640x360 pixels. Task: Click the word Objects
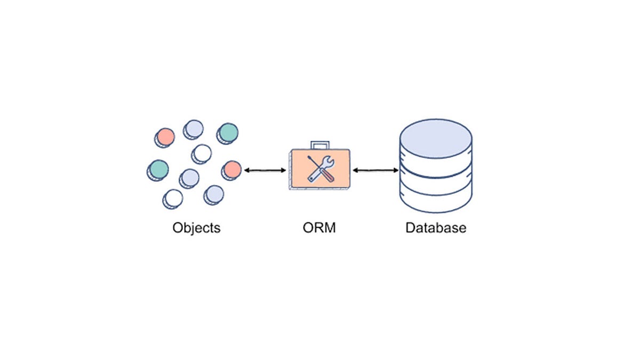(196, 228)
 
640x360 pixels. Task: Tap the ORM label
(319, 228)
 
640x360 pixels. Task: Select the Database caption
(436, 228)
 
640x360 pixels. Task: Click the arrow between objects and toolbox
(265, 170)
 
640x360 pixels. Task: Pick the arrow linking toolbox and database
(375, 170)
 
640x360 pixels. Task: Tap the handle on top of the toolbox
(320, 145)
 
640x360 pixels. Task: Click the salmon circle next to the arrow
(232, 169)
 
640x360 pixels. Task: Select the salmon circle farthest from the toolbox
(166, 137)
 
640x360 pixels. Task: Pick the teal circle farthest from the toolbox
(158, 169)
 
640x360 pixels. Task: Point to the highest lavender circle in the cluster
(194, 128)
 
